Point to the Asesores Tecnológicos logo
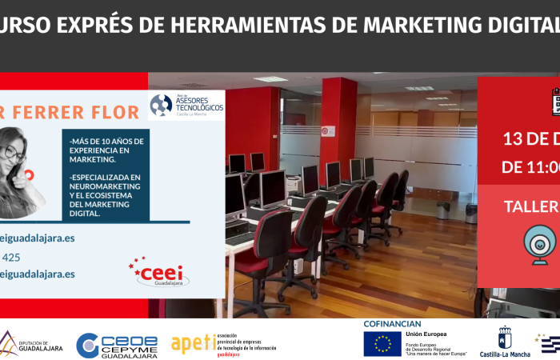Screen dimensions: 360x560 tap(186, 104)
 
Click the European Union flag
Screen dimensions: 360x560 tap(382, 343)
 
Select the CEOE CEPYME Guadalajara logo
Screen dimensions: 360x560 tap(117, 345)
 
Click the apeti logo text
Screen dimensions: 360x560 tap(193, 344)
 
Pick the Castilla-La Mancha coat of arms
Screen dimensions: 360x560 tap(505, 338)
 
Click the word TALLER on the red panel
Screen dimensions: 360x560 tap(530, 206)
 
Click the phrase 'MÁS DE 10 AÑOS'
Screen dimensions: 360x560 tap(108, 140)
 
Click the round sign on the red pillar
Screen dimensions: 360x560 tap(328, 131)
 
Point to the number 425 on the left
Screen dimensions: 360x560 tap(11, 257)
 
